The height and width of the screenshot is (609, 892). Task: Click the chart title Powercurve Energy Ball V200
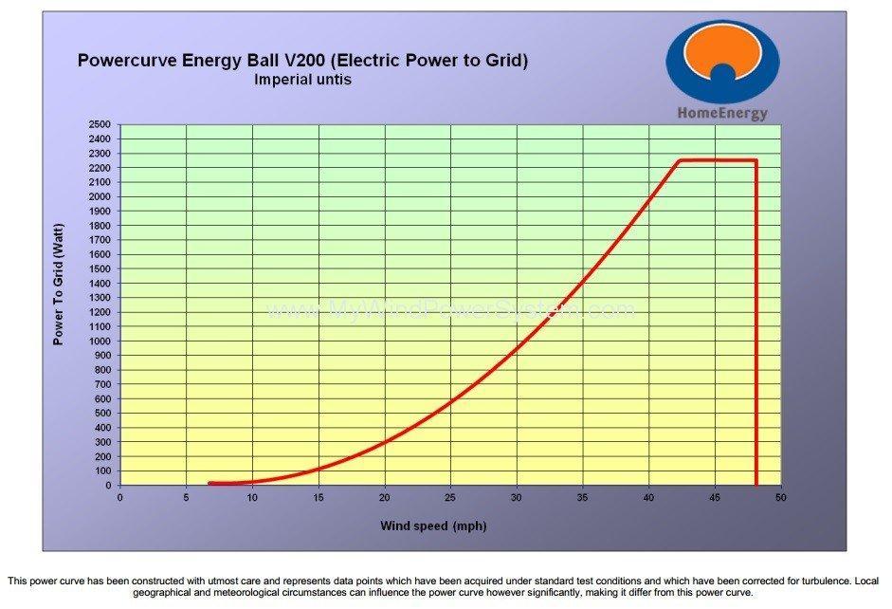pyautogui.click(x=301, y=61)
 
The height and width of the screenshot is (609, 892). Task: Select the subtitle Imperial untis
pyautogui.click(x=302, y=80)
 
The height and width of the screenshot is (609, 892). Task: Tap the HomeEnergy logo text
pyautogui.click(x=721, y=113)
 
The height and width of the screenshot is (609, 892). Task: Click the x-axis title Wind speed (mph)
pyautogui.click(x=433, y=526)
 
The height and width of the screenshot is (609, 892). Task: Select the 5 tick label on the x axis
pyautogui.click(x=186, y=497)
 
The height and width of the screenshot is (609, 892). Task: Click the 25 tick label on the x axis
pyautogui.click(x=450, y=497)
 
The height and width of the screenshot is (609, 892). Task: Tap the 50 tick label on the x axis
pyautogui.click(x=780, y=497)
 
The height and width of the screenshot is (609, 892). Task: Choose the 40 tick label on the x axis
pyautogui.click(x=648, y=497)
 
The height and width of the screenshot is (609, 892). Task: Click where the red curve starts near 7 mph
pyautogui.click(x=210, y=483)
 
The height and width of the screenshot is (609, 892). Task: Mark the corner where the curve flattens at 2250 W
pyautogui.click(x=680, y=160)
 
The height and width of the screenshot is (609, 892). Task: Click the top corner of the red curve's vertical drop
pyautogui.click(x=755, y=160)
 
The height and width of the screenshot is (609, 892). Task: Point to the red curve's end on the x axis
pyautogui.click(x=755, y=484)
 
